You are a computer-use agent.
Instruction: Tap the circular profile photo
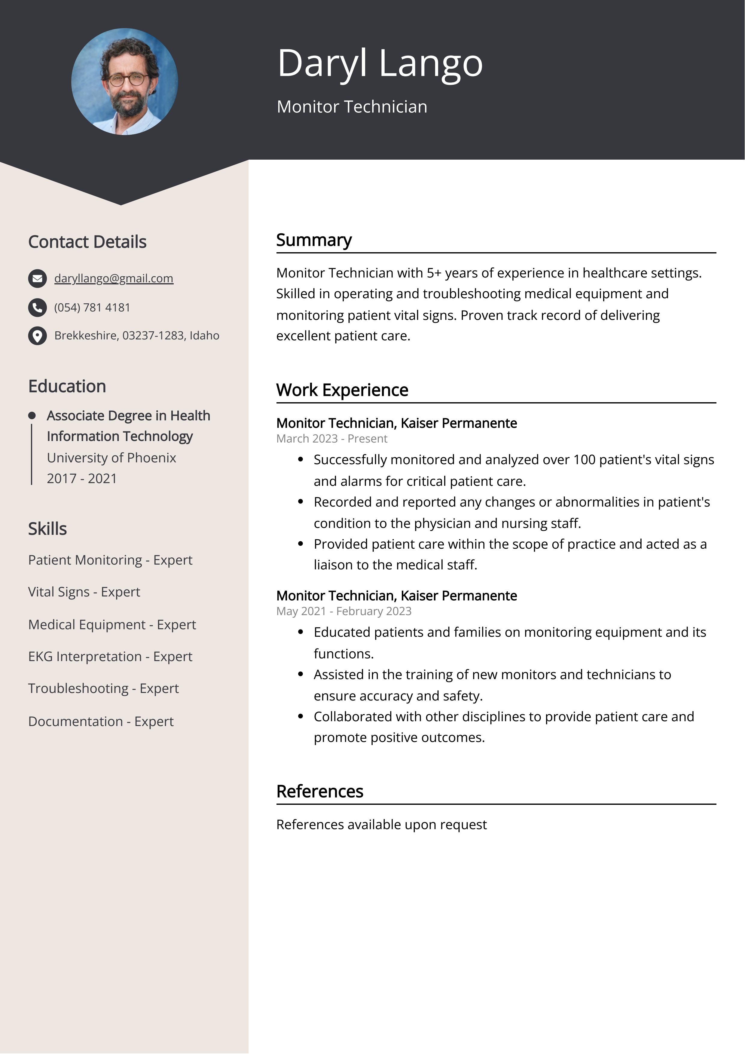[124, 82]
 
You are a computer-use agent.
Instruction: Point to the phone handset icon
[38, 308]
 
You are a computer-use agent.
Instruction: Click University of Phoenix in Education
[111, 458]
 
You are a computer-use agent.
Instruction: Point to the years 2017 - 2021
[82, 478]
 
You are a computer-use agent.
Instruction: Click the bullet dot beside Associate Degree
[32, 416]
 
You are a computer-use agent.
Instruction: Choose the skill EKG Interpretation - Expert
[110, 657]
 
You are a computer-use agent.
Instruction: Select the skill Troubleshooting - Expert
[103, 689]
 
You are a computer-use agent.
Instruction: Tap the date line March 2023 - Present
[331, 439]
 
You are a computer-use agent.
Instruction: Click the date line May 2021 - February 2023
[344, 611]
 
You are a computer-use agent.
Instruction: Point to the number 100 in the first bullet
[584, 460]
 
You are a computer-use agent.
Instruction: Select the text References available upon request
[381, 824]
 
